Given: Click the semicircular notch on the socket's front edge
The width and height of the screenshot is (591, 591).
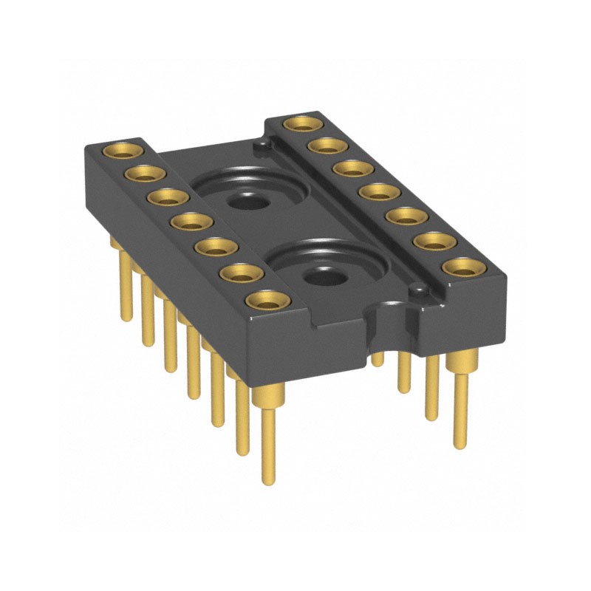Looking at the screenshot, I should [x=387, y=325].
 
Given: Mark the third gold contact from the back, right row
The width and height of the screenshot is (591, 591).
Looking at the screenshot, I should [x=352, y=168].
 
